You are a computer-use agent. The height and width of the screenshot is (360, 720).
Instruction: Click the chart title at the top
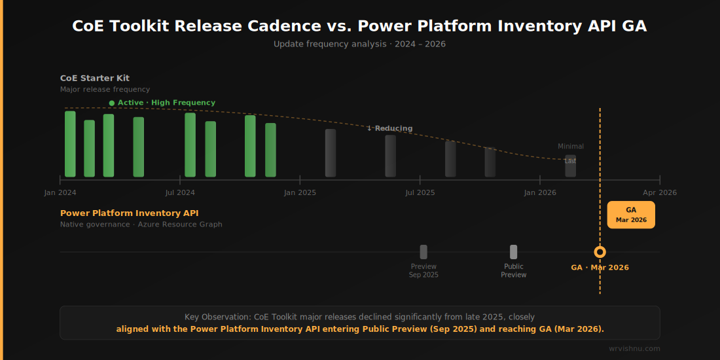[x=359, y=26]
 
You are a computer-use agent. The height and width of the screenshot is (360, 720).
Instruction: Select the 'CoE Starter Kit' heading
[x=95, y=79]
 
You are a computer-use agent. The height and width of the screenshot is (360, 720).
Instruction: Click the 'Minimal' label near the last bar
[x=571, y=147]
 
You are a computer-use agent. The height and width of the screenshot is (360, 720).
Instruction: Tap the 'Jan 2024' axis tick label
[x=60, y=192]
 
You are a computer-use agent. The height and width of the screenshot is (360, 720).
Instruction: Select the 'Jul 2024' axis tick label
[x=180, y=192]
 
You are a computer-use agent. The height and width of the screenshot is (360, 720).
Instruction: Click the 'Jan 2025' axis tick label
[x=300, y=192]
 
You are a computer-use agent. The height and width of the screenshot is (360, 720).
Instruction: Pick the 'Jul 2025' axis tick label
[x=420, y=192]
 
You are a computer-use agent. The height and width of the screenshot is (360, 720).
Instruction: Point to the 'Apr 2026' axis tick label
[x=659, y=192]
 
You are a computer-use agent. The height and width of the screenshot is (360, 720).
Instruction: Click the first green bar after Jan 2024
[x=70, y=144]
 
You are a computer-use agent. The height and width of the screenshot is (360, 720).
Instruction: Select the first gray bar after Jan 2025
[x=331, y=153]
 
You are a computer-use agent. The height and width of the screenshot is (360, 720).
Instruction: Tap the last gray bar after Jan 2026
[x=571, y=166]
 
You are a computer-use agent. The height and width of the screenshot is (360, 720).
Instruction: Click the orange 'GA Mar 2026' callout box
[x=631, y=215]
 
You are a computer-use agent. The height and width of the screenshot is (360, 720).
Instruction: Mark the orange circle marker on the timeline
[x=600, y=252]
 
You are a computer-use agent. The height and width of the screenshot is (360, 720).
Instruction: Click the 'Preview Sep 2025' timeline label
[x=423, y=270]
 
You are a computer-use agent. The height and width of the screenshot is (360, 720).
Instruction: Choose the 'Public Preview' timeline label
[x=514, y=270]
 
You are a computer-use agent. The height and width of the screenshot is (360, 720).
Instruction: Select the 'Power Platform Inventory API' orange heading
[x=130, y=213]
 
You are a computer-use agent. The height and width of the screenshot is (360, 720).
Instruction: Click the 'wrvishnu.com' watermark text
[x=634, y=349]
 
